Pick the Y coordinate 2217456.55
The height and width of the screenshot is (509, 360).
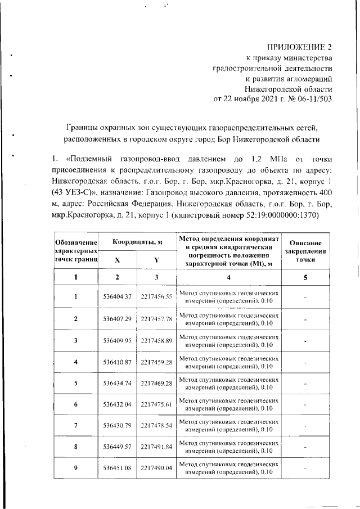(156, 296)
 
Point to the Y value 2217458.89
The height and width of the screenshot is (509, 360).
(156, 341)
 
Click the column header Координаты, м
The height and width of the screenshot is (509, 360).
(137, 242)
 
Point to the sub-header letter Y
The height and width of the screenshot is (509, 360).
(156, 260)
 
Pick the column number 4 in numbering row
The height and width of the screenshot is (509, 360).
(228, 277)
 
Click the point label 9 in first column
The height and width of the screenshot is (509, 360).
(76, 468)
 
